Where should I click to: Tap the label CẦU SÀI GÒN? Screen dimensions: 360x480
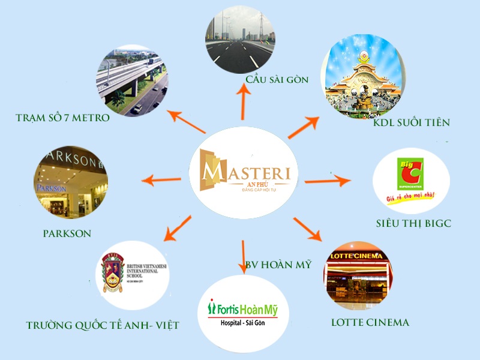(276, 80)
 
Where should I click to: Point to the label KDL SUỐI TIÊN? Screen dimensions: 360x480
(411, 123)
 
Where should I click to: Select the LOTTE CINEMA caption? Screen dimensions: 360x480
(370, 323)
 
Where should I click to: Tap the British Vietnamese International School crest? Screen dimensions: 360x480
(132, 272)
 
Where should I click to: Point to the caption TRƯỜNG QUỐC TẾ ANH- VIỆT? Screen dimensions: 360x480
(103, 326)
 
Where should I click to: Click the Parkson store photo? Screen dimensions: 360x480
(71, 181)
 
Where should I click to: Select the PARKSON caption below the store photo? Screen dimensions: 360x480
(67, 233)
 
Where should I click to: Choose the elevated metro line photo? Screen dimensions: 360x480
(131, 80)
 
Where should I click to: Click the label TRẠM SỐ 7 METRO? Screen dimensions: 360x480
(62, 118)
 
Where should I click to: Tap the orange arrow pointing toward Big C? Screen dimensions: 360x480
(327, 180)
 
